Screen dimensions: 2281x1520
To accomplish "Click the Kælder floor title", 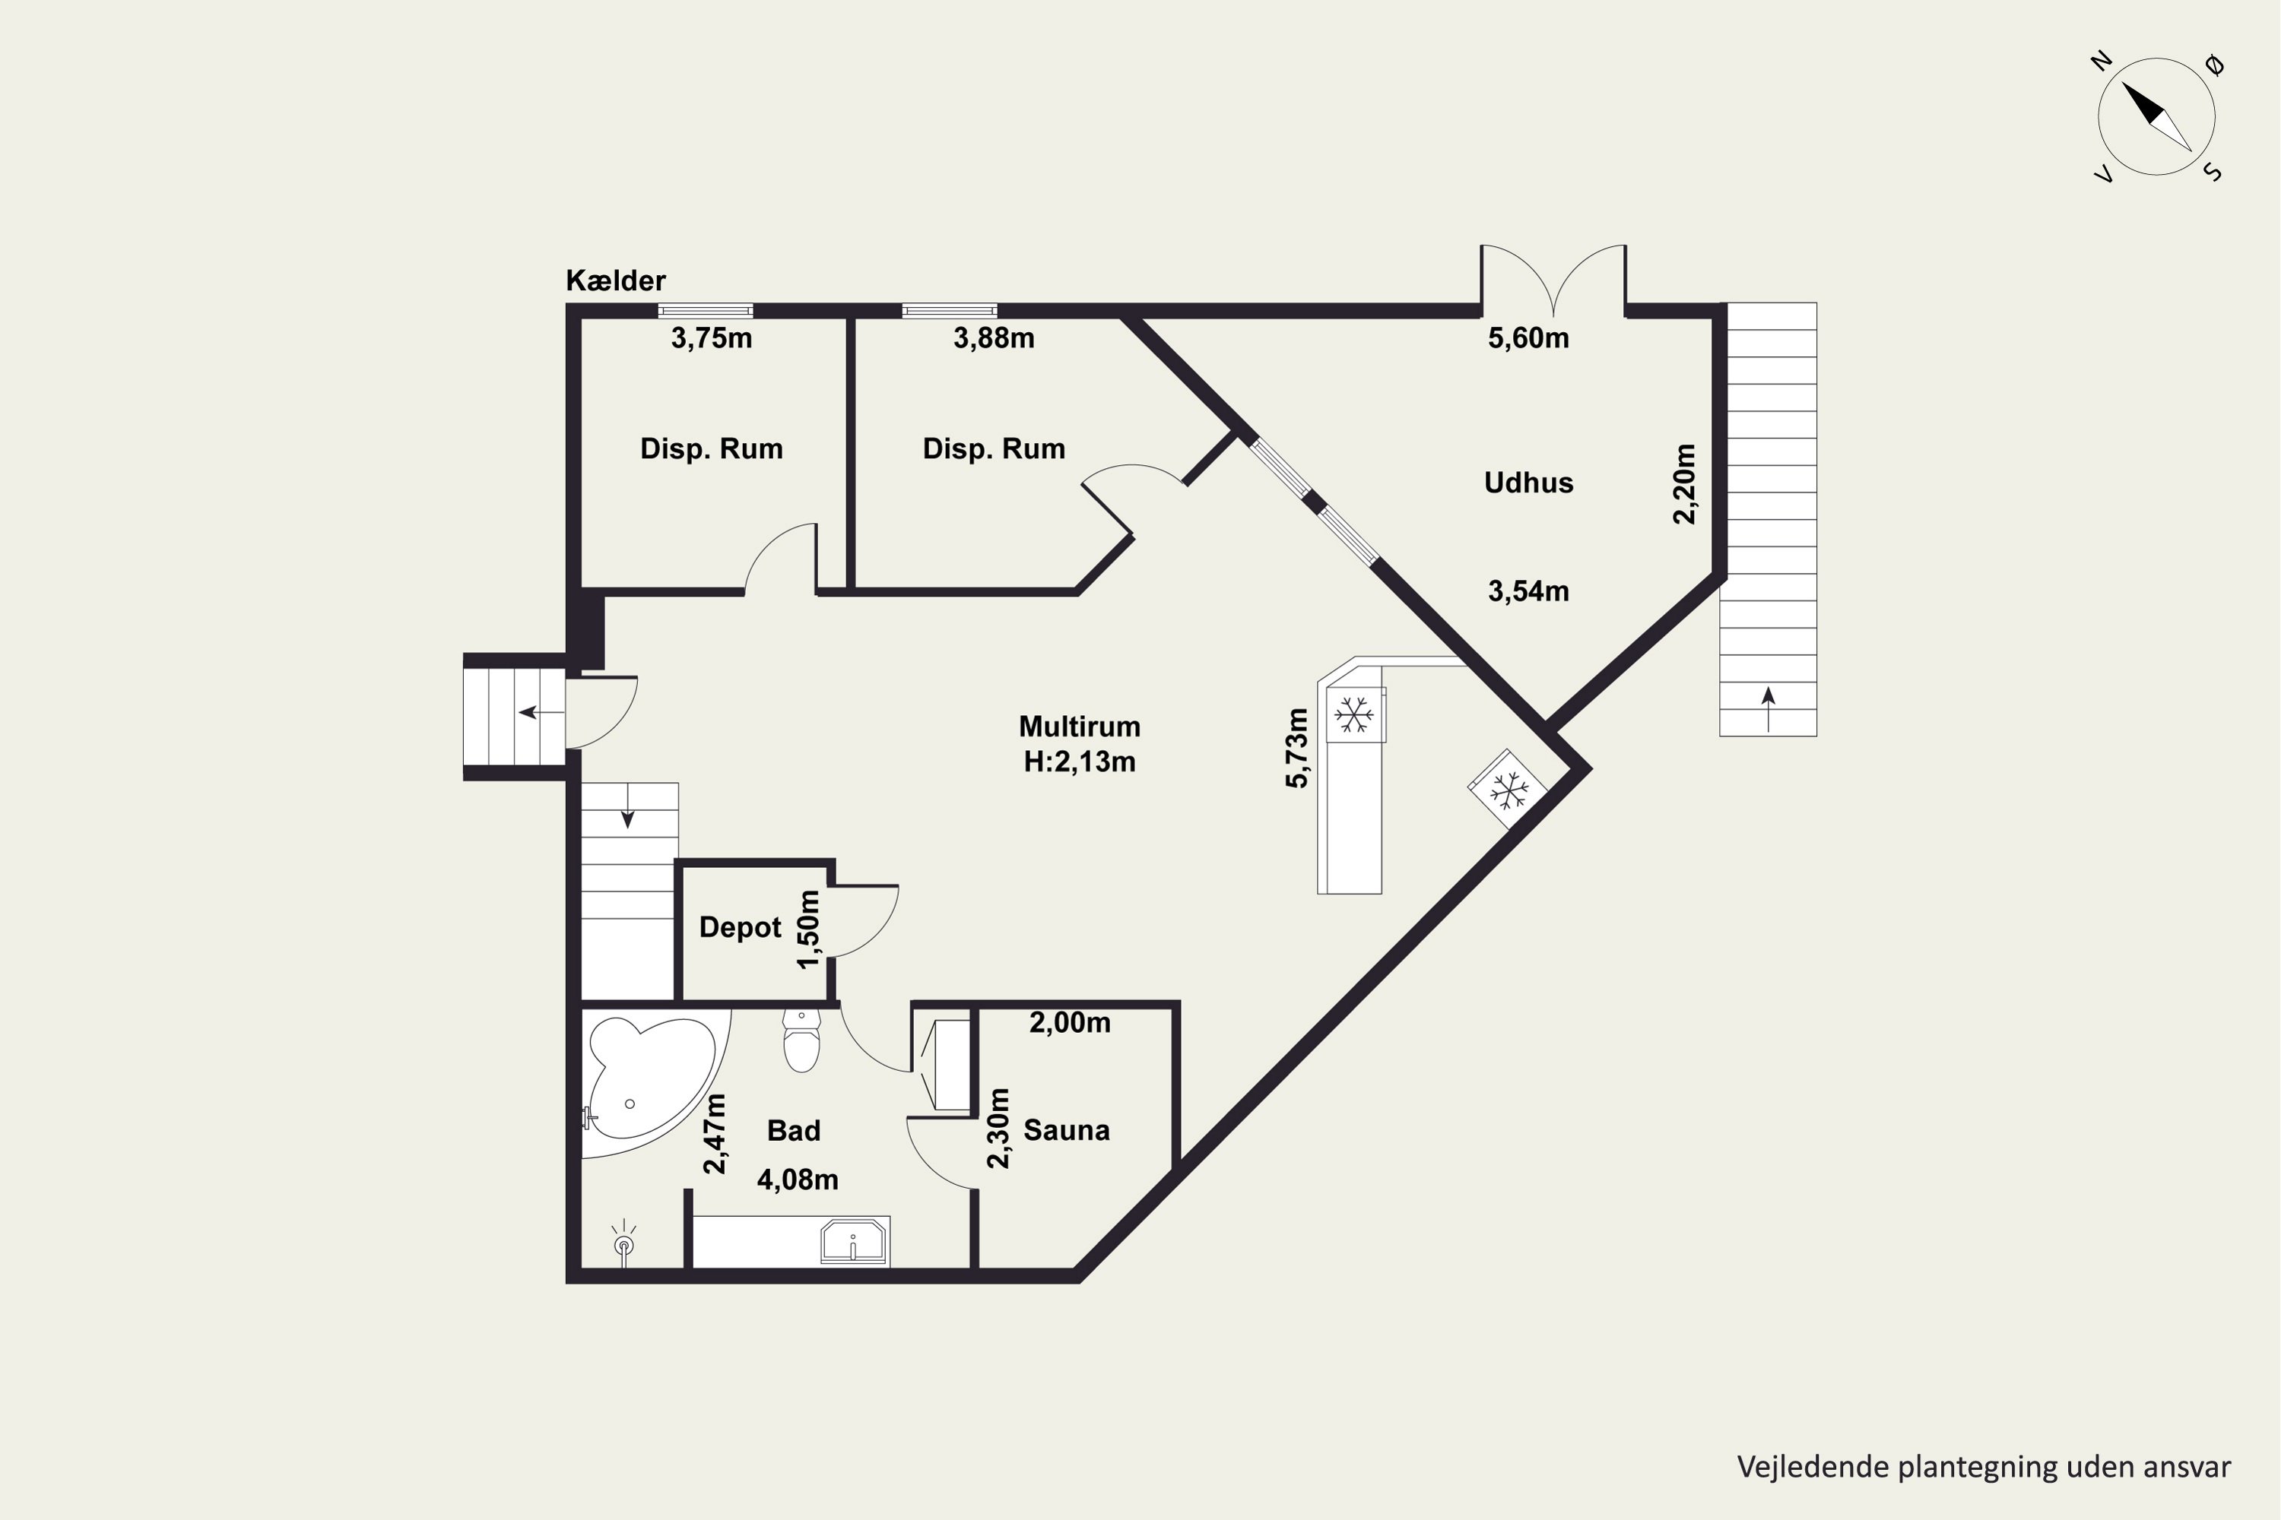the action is (x=616, y=281).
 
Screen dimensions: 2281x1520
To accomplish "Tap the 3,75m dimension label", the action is (x=712, y=338).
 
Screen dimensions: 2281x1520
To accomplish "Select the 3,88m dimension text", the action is (x=994, y=338).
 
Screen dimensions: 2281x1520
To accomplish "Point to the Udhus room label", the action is (x=1528, y=483).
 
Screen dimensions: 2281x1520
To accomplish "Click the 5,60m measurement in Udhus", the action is (x=1528, y=338).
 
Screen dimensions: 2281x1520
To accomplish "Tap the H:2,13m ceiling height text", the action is (x=1080, y=762).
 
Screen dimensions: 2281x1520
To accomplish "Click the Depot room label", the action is (x=740, y=928).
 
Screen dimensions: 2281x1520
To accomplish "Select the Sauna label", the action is (x=1067, y=1130).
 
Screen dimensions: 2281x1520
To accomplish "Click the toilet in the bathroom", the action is (x=802, y=1040).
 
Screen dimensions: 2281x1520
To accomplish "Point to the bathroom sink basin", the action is (x=853, y=1242).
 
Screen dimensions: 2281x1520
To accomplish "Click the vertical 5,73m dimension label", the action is (x=1296, y=749).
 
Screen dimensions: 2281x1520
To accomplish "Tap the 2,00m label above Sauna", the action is (x=1070, y=1023).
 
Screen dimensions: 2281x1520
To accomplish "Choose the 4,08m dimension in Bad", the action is (x=797, y=1180).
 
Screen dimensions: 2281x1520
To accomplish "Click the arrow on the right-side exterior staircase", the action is (x=1768, y=708).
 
